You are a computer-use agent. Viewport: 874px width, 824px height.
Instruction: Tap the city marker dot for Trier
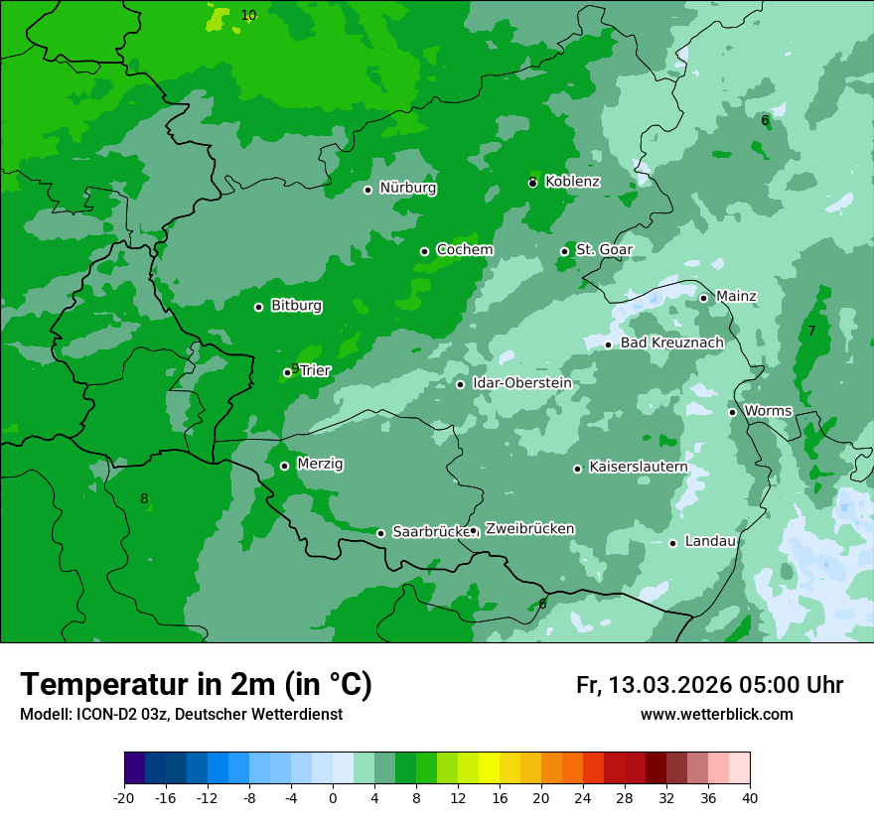287,372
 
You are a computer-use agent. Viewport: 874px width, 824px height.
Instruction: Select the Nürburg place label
407,188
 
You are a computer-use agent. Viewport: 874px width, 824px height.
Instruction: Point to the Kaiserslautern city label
638,467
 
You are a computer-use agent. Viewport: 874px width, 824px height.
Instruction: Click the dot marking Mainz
703,298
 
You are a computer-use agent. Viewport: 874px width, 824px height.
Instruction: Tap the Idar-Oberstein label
521,382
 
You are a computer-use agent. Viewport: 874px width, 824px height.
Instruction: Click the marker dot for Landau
672,543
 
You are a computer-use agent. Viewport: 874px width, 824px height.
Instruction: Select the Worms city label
768,410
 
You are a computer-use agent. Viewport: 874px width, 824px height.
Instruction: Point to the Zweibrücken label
529,528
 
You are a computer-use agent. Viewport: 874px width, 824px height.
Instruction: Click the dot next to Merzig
284,466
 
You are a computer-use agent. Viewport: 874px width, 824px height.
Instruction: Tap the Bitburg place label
296,306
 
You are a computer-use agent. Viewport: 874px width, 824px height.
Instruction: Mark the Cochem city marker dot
424,251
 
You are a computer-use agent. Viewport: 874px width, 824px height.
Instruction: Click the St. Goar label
604,249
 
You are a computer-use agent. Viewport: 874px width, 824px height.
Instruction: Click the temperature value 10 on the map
248,15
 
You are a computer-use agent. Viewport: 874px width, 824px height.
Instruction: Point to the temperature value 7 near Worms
811,331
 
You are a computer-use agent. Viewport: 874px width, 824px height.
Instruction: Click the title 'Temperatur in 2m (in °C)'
196,684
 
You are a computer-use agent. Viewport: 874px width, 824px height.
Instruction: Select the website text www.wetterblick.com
716,714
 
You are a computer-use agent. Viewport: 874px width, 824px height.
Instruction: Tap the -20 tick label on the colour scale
124,798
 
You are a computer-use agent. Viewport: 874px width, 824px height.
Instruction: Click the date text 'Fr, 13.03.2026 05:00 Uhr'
709,685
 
